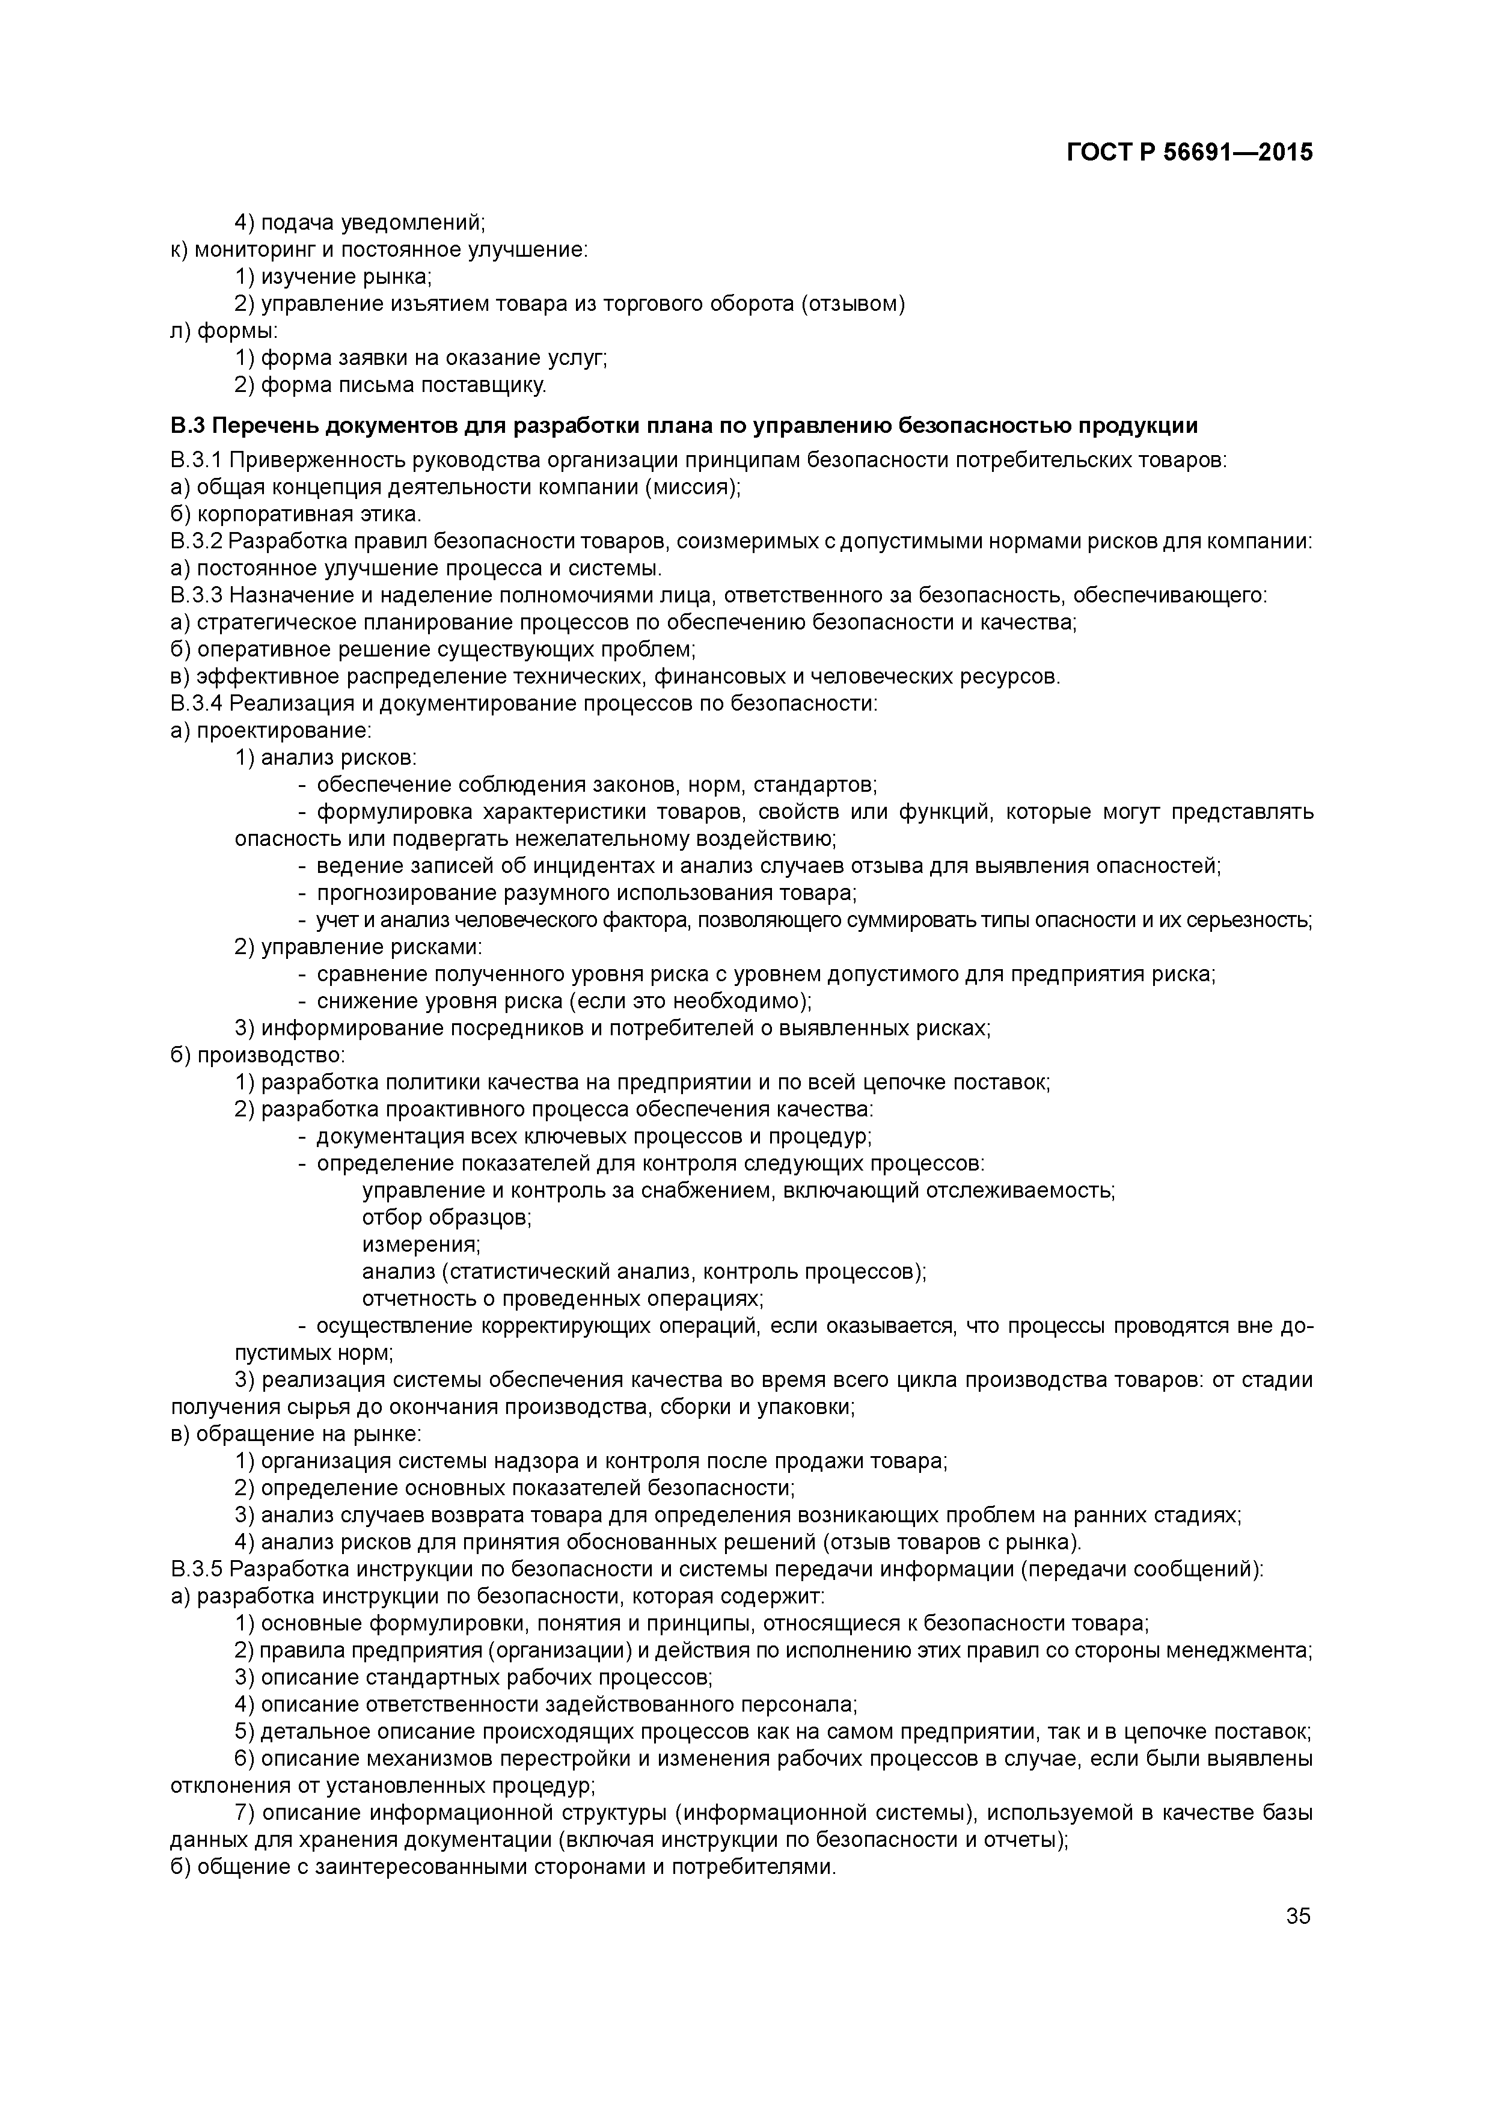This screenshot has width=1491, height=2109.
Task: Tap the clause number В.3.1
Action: click(x=197, y=460)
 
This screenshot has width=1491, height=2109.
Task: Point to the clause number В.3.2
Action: click(x=197, y=541)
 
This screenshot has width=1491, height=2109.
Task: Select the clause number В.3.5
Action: click(x=197, y=1569)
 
